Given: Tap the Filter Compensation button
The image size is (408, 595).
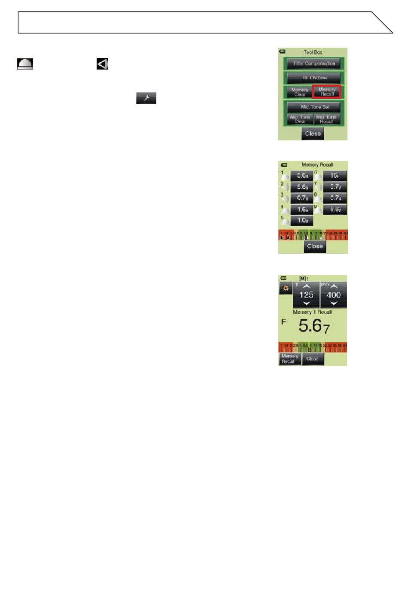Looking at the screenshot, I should [314, 64].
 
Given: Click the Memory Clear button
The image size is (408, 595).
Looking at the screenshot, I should [299, 92].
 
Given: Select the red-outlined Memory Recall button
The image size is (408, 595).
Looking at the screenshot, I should [327, 92].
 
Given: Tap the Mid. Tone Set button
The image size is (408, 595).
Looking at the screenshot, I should [314, 107].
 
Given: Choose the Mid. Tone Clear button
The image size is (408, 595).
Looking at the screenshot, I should [300, 119].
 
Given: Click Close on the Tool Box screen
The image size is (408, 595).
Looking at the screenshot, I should [313, 134].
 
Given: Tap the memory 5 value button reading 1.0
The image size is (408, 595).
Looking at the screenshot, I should [302, 221].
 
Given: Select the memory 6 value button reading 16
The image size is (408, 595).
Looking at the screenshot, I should [335, 176].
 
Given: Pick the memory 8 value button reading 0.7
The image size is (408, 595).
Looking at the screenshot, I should [335, 198].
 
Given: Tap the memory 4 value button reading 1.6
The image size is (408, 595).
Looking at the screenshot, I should [302, 209].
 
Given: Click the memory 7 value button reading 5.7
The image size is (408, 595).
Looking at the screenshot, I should [335, 187].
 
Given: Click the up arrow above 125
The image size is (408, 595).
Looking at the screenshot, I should [306, 286].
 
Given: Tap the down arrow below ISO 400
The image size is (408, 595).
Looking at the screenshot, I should [333, 303].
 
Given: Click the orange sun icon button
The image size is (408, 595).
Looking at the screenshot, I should [285, 289].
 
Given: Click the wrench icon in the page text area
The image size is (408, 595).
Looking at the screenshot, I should [146, 98].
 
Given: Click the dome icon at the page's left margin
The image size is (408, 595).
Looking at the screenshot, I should [25, 64].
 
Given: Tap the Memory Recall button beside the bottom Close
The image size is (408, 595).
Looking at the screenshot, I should [289, 359].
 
